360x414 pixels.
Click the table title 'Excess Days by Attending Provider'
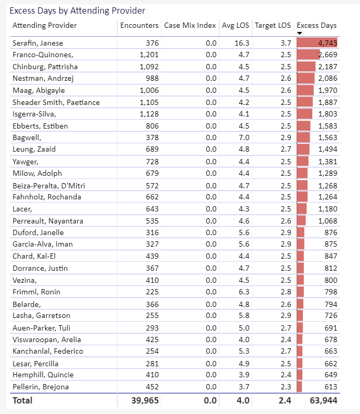pos(77,10)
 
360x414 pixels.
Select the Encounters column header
pos(139,25)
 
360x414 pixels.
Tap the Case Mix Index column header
pos(190,25)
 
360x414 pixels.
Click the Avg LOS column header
pos(235,25)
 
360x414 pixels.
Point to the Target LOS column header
pos(272,25)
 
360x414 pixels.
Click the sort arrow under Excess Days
pos(300,33)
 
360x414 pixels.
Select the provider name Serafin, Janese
pos(38,43)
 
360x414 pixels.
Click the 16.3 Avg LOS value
pos(242,43)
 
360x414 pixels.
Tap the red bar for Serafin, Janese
pos(317,43)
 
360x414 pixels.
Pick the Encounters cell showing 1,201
pos(149,55)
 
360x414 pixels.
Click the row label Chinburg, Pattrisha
pos(45,67)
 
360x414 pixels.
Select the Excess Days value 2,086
pos(327,78)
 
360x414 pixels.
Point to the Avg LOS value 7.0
pos(244,137)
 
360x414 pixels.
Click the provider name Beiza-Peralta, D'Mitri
pos(49,186)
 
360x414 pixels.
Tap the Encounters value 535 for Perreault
pos(152,221)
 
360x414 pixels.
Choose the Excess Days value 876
pos(331,232)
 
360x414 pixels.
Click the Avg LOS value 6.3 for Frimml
pos(244,292)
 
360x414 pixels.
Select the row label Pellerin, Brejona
pos(41,387)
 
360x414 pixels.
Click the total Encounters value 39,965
pos(145,400)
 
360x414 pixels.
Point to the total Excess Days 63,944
pos(324,400)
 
